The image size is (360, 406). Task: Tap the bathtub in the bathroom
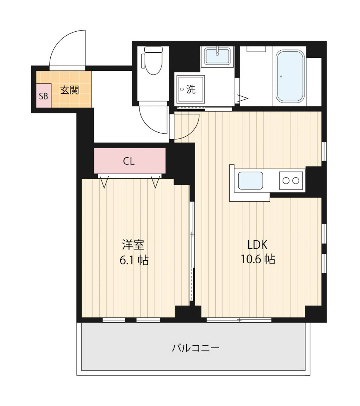(x=290, y=76)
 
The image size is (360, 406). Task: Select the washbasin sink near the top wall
(x=218, y=56)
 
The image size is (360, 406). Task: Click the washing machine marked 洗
(x=190, y=89)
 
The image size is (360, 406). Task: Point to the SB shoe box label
(x=44, y=96)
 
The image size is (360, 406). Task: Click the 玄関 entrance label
(x=70, y=90)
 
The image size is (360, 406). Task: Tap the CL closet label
(x=129, y=161)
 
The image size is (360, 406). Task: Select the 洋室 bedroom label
(x=133, y=245)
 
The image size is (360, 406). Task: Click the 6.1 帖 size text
(x=134, y=260)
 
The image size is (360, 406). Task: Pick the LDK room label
(x=257, y=245)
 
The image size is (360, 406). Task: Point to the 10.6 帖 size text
(x=258, y=259)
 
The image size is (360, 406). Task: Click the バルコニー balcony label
(x=196, y=348)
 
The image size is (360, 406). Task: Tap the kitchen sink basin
(x=250, y=181)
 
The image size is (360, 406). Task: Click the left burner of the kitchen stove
(x=286, y=181)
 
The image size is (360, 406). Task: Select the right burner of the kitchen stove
(x=296, y=181)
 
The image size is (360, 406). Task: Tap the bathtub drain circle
(x=281, y=76)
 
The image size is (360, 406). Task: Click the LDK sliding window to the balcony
(x=239, y=320)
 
